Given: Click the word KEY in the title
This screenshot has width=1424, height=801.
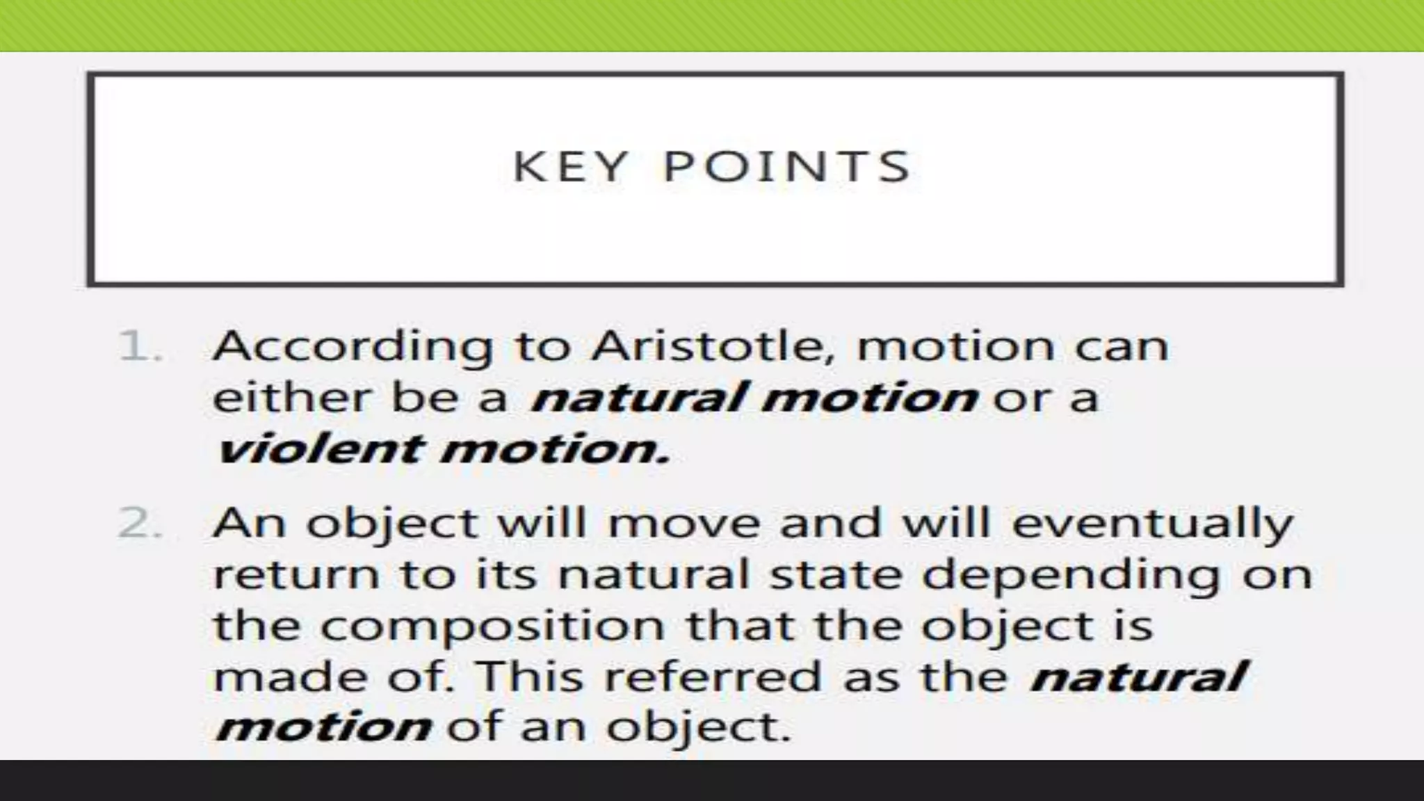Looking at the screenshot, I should point(570,168).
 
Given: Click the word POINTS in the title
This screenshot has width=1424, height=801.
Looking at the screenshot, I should point(786,168).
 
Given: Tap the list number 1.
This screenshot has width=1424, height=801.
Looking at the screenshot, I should point(138,347).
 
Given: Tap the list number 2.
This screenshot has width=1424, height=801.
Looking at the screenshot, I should point(138,524).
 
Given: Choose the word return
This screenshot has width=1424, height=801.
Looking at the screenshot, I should point(296,575).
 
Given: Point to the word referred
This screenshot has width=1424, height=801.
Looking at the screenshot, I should point(713,677).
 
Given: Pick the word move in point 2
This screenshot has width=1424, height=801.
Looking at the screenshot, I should point(684,524).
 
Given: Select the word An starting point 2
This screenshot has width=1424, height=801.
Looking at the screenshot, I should point(249,524).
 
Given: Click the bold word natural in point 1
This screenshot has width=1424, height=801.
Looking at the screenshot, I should point(637,398).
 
